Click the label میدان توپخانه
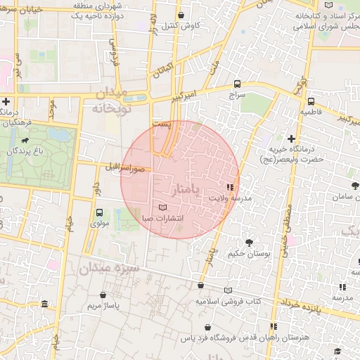(x=108, y=101)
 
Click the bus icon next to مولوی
(x=99, y=212)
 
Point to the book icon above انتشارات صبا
(x=163, y=207)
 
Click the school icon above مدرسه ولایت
(x=229, y=187)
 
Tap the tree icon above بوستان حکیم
(x=249, y=243)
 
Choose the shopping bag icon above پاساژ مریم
(x=104, y=295)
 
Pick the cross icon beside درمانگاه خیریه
(x=291, y=139)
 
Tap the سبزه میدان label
(x=110, y=268)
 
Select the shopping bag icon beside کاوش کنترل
(x=181, y=15)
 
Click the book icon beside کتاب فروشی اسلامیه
(x=227, y=290)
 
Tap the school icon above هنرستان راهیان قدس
(x=274, y=326)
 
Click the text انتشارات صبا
(x=162, y=219)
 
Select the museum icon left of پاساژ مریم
(x=46, y=304)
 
